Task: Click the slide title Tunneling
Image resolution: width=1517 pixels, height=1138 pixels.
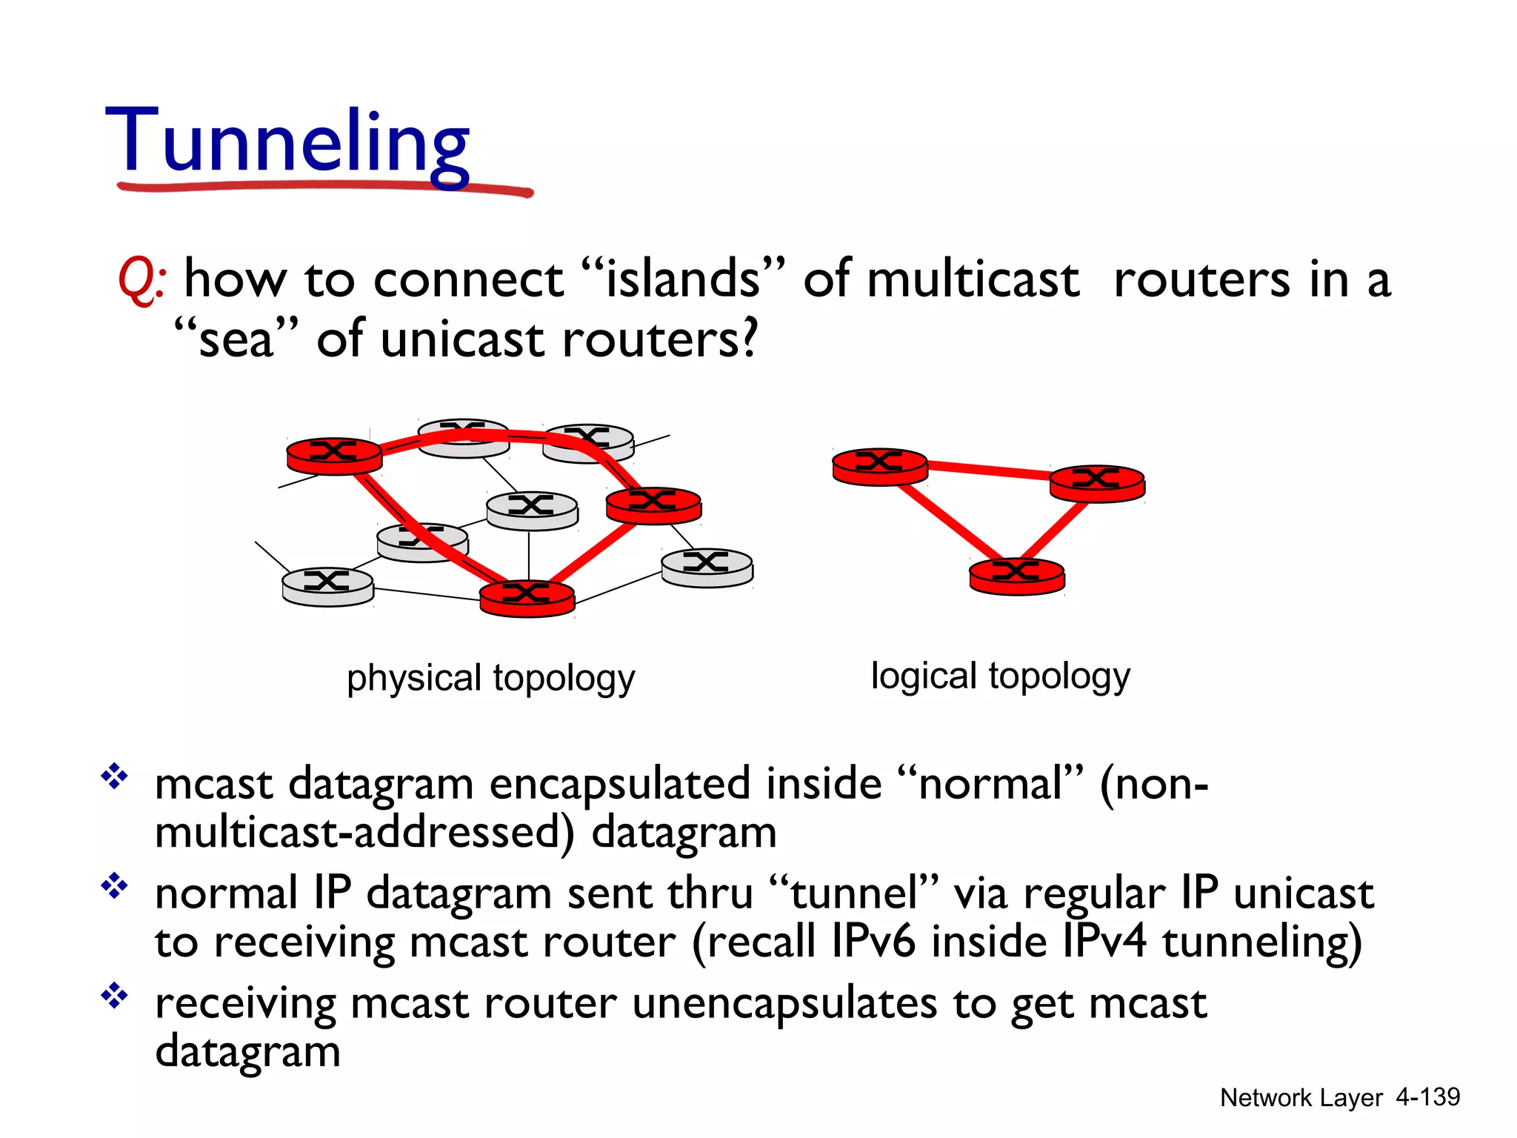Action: [287, 142]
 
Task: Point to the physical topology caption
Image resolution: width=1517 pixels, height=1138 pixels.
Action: [490, 678]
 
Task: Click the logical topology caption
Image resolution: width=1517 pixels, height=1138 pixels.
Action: [1000, 676]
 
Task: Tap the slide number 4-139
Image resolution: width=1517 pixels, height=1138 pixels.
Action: [1427, 1097]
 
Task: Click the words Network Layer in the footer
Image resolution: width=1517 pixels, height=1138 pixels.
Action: [1301, 1097]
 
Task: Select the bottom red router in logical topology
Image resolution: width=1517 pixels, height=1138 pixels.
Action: [1016, 576]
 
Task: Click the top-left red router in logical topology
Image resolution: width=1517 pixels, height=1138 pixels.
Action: [879, 466]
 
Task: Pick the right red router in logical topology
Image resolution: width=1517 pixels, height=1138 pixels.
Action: [1097, 482]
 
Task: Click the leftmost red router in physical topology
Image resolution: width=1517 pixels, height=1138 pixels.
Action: [334, 455]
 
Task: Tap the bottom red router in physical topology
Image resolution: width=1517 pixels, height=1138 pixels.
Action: [527, 597]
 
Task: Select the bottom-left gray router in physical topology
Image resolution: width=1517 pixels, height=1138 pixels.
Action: [327, 586]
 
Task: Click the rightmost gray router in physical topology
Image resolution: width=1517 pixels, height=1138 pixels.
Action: [707, 567]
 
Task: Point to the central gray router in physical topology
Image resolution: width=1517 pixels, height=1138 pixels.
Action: [531, 510]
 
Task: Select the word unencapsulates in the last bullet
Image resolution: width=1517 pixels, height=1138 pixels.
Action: [785, 1004]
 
